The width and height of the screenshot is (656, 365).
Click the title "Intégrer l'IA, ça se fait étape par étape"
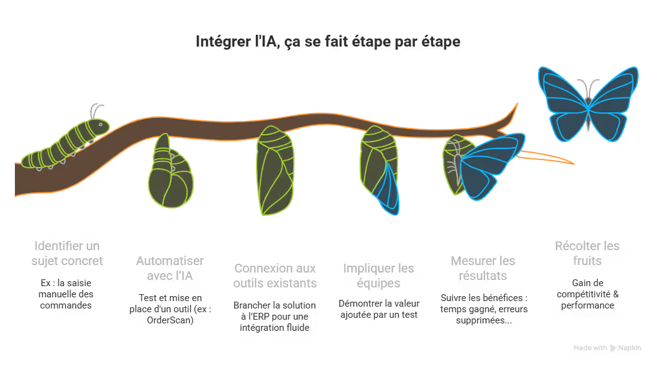point(328,42)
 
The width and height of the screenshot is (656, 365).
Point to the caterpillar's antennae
point(95,111)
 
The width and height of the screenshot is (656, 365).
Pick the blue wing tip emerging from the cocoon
point(389,189)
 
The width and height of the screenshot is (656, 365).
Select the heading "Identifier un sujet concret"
point(67,253)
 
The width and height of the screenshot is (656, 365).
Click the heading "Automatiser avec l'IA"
point(170,268)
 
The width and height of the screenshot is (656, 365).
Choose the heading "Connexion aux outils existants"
point(275,276)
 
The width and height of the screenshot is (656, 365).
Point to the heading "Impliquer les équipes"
point(378,276)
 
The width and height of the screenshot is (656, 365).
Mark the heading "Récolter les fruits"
point(587,253)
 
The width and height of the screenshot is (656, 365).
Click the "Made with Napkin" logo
point(607,348)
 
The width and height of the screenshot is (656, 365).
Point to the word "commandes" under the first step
point(67,305)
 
